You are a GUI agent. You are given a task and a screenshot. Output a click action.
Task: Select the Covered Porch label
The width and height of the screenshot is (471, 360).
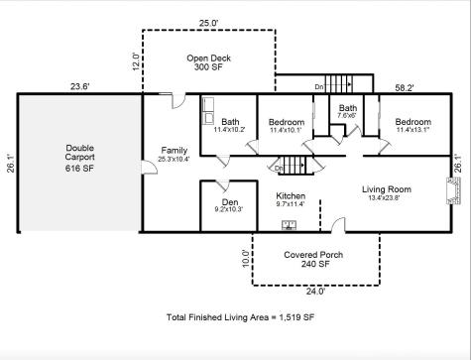click(313, 260)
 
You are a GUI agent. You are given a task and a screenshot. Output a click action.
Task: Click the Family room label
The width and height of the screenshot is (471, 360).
click(174, 155)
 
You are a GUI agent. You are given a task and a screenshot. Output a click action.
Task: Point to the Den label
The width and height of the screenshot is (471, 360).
click(227, 203)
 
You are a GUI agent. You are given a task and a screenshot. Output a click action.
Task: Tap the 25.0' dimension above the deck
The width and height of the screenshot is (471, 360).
click(208, 22)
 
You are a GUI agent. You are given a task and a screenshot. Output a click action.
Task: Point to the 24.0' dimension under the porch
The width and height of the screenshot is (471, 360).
click(313, 292)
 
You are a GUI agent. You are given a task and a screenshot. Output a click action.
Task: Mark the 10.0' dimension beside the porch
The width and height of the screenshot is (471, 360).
click(246, 259)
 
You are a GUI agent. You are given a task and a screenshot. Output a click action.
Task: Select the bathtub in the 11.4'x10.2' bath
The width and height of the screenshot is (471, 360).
click(210, 106)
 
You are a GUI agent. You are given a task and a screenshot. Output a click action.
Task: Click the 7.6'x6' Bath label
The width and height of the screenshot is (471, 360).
click(347, 112)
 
